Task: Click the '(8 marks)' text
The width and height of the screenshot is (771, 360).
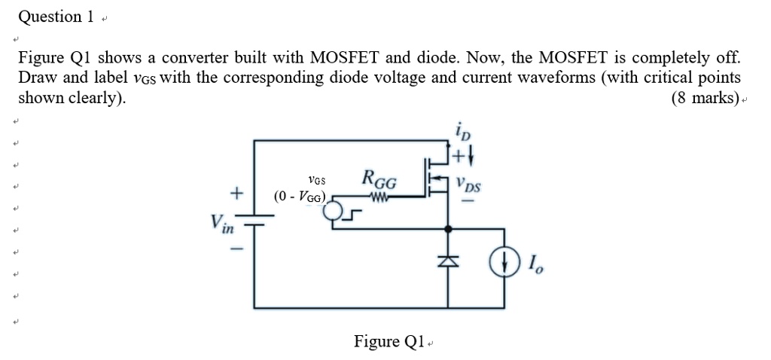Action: point(705,99)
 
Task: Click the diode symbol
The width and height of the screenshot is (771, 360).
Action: point(449,261)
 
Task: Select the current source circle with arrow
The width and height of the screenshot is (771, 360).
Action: point(505,263)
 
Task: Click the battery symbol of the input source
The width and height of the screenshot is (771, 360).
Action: point(254,219)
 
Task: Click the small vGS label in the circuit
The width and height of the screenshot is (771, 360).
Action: point(317,180)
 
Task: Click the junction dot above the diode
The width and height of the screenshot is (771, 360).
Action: point(449,227)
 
